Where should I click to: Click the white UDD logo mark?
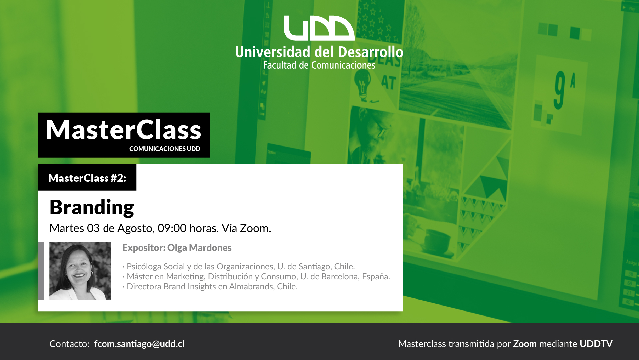click(319, 28)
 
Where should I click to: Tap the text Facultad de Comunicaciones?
click(319, 65)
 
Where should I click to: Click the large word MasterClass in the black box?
click(123, 130)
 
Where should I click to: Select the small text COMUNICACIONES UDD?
click(165, 149)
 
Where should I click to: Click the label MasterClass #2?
click(87, 178)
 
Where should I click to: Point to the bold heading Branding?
click(92, 207)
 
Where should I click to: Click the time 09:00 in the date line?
click(172, 228)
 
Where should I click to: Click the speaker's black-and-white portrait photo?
click(80, 271)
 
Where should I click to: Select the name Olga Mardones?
click(199, 248)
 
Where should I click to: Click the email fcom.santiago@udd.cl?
click(139, 344)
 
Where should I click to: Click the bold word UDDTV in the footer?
click(596, 344)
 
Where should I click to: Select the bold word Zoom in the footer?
click(525, 344)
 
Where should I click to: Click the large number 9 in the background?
click(560, 90)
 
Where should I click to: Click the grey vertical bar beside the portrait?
click(41, 271)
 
